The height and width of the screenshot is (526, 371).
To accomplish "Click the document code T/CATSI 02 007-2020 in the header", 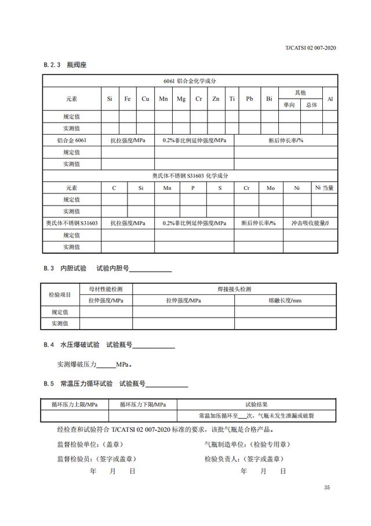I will pos(311,48).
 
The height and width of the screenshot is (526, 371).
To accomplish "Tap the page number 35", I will pos(327,488).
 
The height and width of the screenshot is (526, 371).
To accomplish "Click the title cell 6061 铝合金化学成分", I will pos(189,81).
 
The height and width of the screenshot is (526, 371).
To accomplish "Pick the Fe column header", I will pos(128,99).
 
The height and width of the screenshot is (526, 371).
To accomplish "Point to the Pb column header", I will pos(249,99).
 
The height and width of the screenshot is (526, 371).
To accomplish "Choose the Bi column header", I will pos(269,99).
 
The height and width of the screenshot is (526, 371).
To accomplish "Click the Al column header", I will pos(330,99).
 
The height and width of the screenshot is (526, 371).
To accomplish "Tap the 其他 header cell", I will pos(300,93).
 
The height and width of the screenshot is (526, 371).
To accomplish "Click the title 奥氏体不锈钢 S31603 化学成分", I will pos(189,175).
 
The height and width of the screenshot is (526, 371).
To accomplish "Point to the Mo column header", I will pos(271,188).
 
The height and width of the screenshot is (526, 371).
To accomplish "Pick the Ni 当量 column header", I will pos(323,188).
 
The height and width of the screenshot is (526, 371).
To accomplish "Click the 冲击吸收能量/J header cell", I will pos(310,223).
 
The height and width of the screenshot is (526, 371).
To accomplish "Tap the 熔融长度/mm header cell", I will pos(285,300).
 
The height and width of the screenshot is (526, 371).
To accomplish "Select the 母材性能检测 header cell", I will pos(106,289).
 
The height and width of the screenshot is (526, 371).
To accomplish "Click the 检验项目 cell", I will pos(60,294).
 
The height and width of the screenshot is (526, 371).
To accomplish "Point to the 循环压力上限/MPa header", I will pos(74,404).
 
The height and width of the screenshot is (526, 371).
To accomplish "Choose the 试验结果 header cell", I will pos(256,404).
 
